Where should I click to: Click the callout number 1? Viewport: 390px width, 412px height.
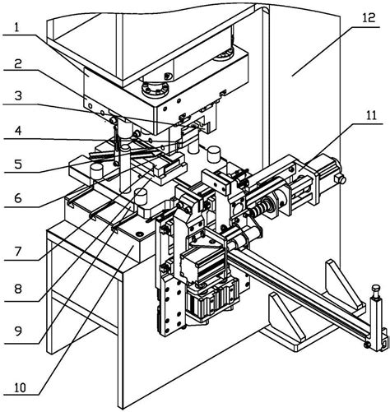[x=17, y=28]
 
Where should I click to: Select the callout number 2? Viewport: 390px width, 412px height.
[x=18, y=63]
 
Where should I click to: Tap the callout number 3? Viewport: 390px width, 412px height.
[x=18, y=96]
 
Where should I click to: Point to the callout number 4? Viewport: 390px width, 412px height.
[x=18, y=131]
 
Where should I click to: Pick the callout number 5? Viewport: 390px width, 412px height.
[x=18, y=164]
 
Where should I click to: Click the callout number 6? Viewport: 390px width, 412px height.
[x=18, y=198]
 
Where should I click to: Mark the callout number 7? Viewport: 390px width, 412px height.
[x=18, y=251]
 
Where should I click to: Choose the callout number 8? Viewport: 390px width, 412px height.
[x=18, y=289]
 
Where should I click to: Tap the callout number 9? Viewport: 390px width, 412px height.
[x=18, y=331]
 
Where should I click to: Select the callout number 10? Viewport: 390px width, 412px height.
[x=20, y=387]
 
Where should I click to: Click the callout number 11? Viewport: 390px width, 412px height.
[x=371, y=115]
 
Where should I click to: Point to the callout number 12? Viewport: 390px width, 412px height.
[x=369, y=18]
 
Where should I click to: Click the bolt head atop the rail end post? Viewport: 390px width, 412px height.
[x=376, y=289]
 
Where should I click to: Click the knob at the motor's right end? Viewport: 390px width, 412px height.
[x=340, y=179]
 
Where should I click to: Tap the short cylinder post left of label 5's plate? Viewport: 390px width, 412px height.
[x=96, y=171]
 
